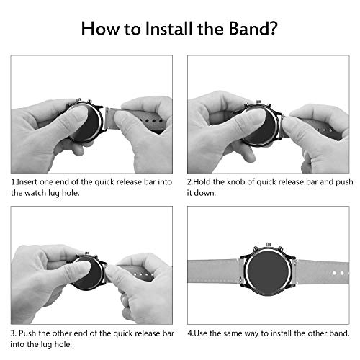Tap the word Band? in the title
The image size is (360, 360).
[x=253, y=29]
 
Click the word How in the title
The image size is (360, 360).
[x=100, y=29]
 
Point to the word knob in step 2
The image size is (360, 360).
[x=236, y=182]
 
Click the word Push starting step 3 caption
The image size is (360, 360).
[x=27, y=333]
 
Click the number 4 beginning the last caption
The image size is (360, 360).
[x=190, y=333]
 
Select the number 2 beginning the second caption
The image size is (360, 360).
[x=189, y=182]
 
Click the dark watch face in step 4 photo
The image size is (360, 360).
[x=268, y=272]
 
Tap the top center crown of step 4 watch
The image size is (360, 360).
[x=269, y=245]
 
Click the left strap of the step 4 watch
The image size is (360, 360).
[x=214, y=272]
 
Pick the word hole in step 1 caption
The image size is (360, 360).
[x=71, y=193]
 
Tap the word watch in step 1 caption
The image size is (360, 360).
[x=35, y=193]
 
